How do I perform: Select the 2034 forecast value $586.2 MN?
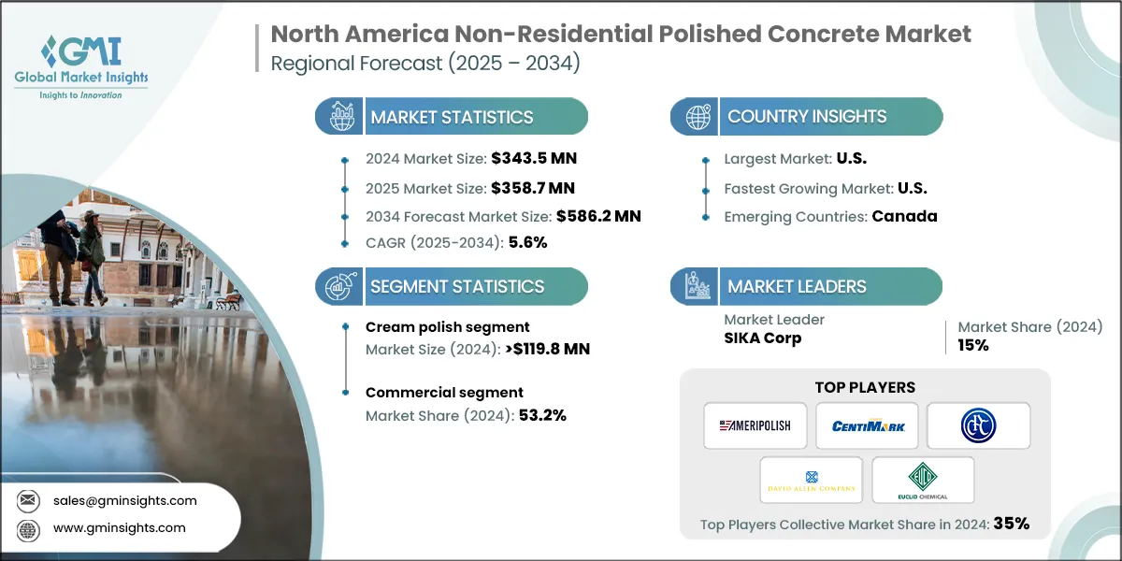click(598, 216)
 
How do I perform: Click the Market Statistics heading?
click(452, 117)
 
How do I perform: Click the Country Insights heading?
click(807, 117)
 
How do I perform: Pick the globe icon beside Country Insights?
click(697, 117)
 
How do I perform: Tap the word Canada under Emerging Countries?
click(904, 216)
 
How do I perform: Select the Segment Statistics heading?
click(457, 287)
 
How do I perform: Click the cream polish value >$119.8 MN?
click(544, 350)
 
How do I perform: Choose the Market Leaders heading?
click(797, 287)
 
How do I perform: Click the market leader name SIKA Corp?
click(763, 338)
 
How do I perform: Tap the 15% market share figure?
click(972, 345)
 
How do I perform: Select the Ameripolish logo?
click(755, 425)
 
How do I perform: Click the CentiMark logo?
click(867, 425)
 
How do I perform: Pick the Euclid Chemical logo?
click(923, 480)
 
